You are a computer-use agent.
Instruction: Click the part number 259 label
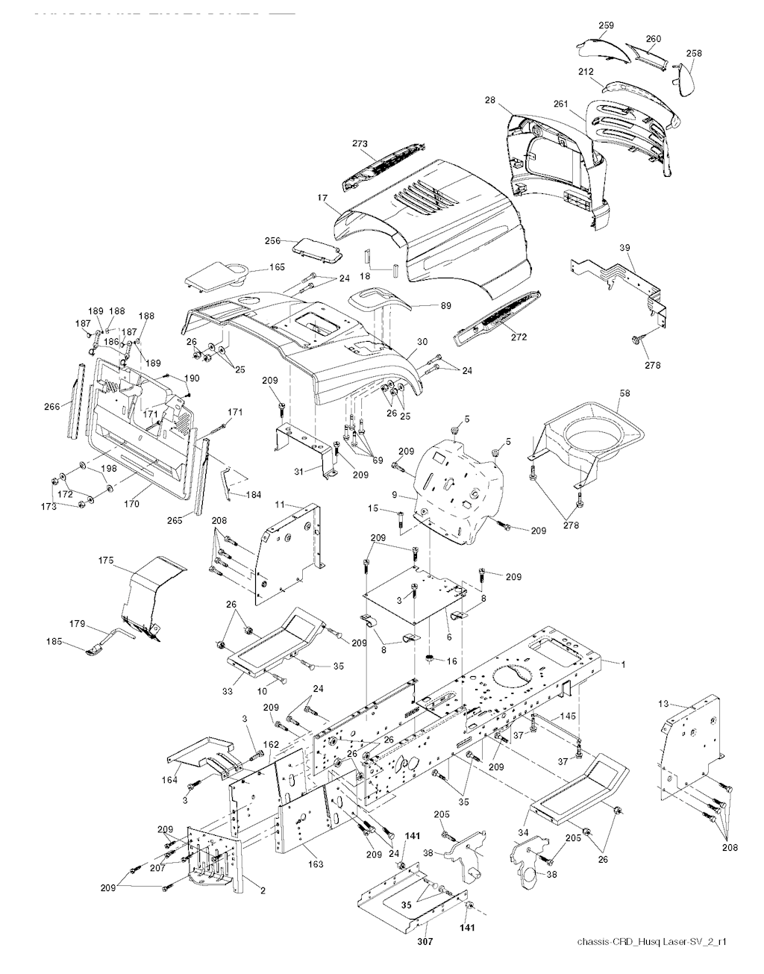(x=606, y=25)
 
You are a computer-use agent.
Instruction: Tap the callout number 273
(x=360, y=143)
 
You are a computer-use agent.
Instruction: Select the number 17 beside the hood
(x=322, y=198)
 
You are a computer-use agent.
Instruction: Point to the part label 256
(x=273, y=240)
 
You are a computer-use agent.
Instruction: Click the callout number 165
(x=256, y=266)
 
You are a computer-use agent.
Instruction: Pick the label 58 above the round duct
(x=624, y=392)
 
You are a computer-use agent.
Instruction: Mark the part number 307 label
(x=425, y=942)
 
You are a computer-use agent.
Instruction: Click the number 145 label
(x=568, y=716)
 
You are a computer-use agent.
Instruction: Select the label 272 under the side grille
(x=519, y=337)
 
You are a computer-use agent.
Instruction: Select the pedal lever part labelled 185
(x=95, y=651)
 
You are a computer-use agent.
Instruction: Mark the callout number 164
(x=170, y=781)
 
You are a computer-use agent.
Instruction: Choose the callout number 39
(x=625, y=247)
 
